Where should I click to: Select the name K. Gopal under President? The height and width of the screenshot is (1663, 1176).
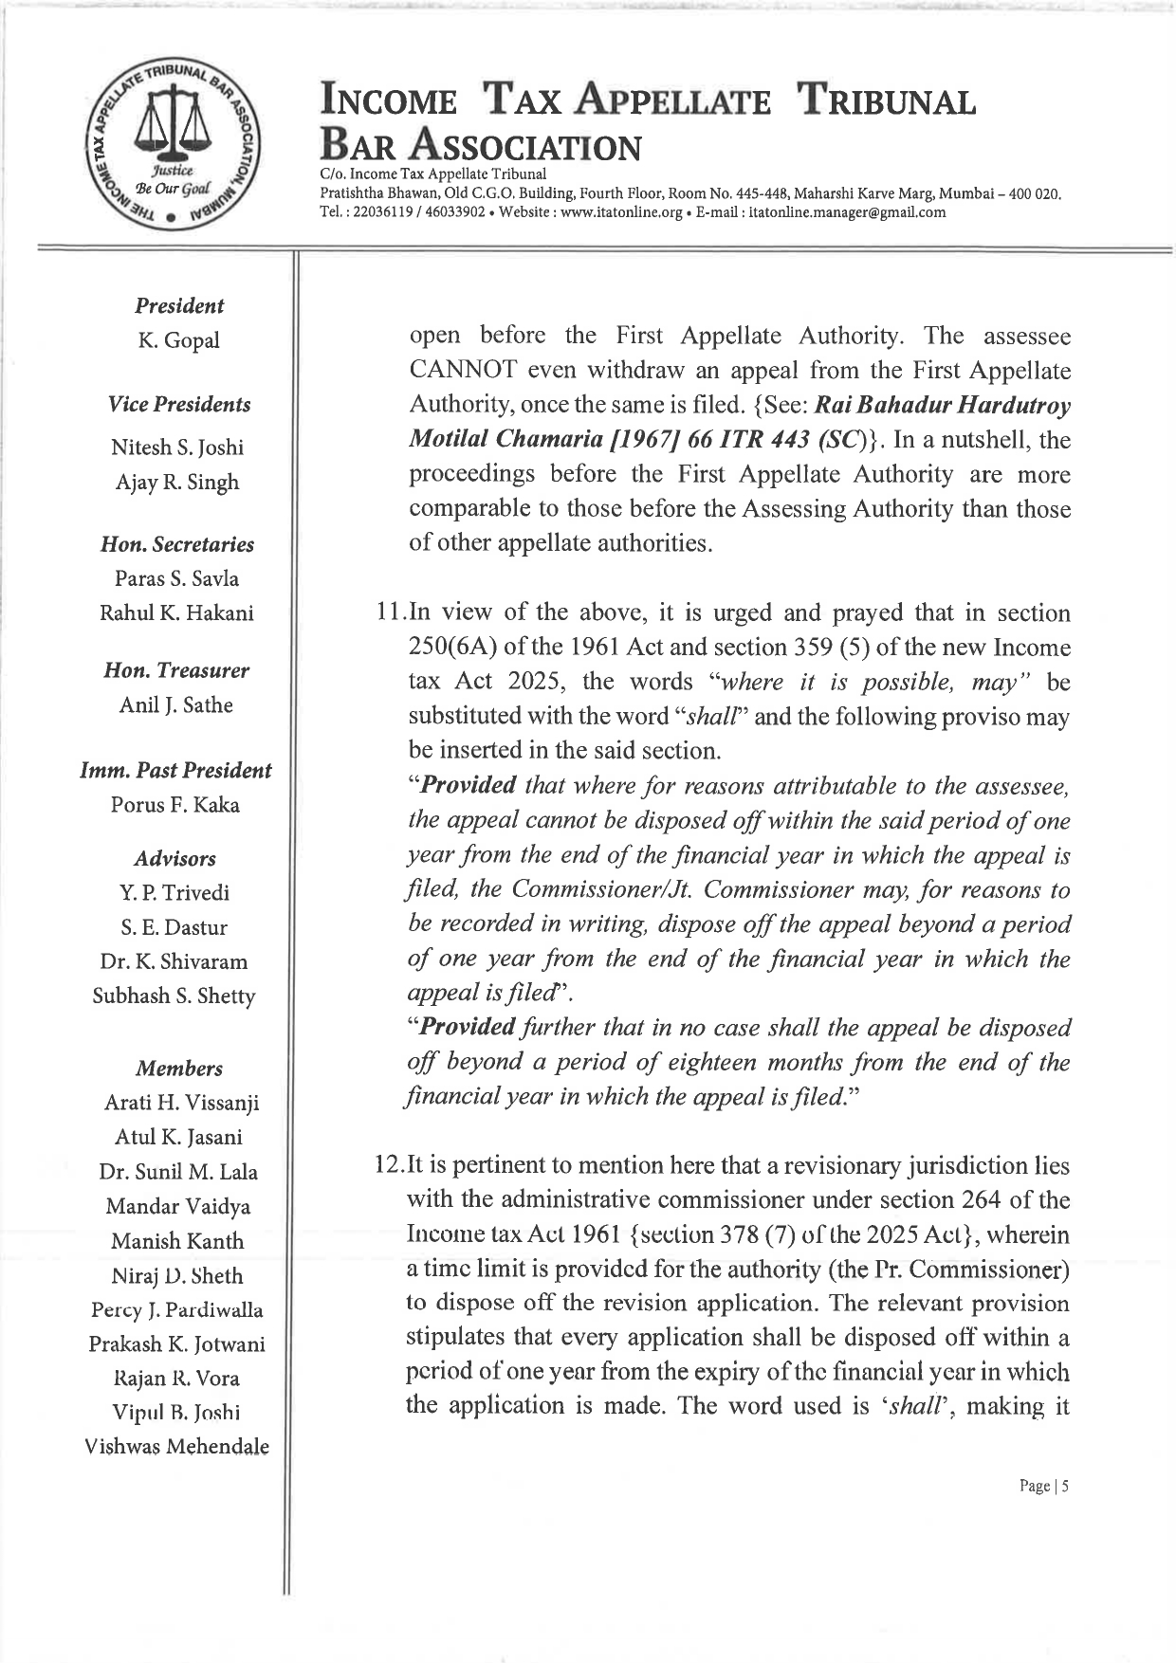(x=178, y=340)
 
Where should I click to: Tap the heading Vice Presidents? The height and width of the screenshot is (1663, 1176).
(x=178, y=404)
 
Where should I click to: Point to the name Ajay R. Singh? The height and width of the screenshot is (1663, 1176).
(x=177, y=482)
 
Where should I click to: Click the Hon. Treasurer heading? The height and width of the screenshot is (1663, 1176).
(x=178, y=670)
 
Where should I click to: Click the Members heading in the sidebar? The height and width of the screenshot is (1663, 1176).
(x=178, y=1069)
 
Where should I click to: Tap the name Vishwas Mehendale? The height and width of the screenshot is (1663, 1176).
(x=177, y=1447)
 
